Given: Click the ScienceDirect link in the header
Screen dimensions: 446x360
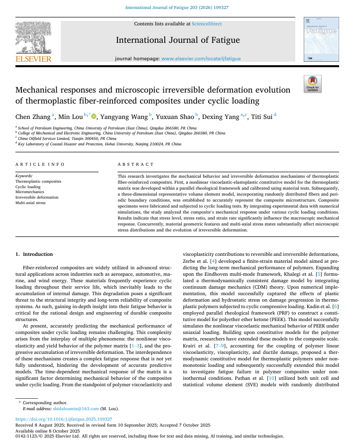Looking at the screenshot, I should coord(207,24).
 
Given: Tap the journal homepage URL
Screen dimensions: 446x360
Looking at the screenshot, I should coord(201,59).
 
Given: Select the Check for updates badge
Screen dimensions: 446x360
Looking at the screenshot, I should coord(313,84).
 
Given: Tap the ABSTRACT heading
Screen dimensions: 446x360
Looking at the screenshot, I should coord(136,164).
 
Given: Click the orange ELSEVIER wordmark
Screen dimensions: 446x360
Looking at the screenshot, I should coord(33,59).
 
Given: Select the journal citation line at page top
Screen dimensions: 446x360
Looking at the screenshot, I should coord(180,7).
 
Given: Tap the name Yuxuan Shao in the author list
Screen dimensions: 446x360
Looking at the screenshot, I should coord(175,116).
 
